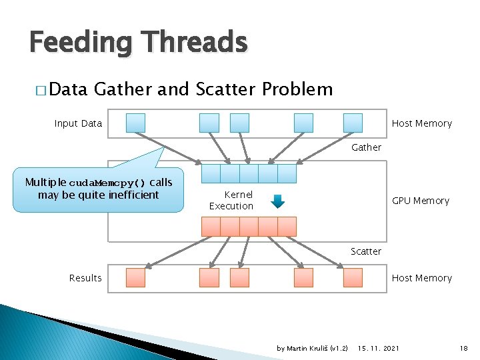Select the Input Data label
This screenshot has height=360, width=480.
(78, 123)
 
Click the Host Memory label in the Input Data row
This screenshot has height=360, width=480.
(421, 123)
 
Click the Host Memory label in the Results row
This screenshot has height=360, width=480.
(421, 278)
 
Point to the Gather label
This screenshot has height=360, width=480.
(366, 147)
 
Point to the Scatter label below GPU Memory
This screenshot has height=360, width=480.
(366, 251)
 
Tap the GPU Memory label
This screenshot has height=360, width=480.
(420, 201)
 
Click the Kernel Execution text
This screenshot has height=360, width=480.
(231, 200)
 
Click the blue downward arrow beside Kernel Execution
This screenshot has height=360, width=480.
(279, 201)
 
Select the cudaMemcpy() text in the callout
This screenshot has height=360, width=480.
(107, 183)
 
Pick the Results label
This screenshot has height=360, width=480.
(85, 278)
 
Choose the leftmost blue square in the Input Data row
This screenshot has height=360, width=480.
(136, 123)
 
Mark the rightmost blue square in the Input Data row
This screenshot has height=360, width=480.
(353, 123)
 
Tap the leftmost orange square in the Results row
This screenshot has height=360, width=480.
(136, 277)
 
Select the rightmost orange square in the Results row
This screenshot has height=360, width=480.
(353, 277)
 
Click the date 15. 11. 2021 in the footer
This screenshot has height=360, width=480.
(379, 349)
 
